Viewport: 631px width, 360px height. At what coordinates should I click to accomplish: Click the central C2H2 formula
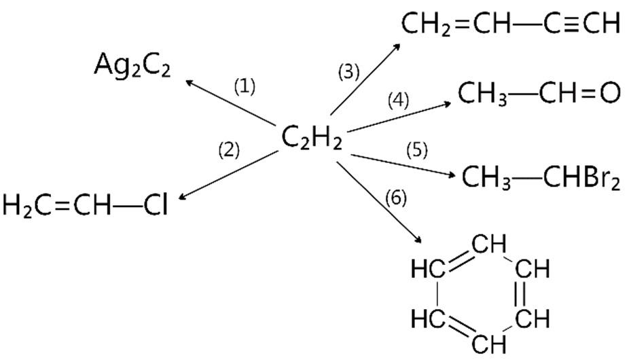311,139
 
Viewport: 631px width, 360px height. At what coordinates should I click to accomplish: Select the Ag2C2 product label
132,66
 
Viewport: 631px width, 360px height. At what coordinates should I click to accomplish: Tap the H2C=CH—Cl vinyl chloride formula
84,204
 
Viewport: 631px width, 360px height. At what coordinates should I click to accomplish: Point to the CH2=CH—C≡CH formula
510,24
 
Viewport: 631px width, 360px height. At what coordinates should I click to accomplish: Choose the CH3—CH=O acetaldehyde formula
539,93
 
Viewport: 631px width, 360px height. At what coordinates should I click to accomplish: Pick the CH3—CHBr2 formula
541,178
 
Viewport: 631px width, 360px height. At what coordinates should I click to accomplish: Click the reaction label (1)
245,86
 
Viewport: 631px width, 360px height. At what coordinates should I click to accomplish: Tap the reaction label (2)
229,149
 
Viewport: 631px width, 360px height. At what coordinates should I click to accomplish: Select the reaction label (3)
349,71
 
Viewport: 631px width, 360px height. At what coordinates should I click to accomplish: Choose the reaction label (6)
395,198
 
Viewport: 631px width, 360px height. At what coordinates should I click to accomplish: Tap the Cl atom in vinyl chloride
156,204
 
